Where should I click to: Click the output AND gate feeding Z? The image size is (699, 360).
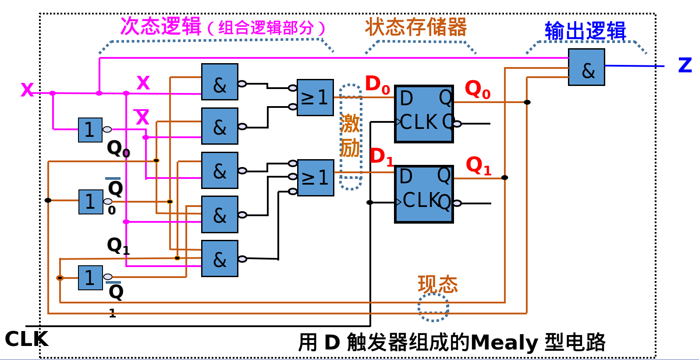(586, 67)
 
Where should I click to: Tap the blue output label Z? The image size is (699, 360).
(685, 65)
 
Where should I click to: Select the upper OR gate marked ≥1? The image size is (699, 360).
(315, 97)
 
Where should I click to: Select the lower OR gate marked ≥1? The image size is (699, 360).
(316, 178)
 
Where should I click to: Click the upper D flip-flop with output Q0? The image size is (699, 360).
(424, 114)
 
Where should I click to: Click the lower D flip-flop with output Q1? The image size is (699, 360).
(424, 194)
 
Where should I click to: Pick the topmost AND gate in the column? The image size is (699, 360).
(220, 82)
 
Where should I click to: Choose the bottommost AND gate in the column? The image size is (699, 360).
(220, 258)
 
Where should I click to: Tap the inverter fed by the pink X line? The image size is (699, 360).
(90, 130)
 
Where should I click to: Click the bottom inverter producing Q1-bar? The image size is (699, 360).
(90, 278)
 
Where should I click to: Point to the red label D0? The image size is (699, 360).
(377, 84)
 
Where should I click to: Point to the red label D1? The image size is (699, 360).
(381, 157)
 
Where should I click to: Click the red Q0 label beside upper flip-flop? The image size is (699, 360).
(477, 90)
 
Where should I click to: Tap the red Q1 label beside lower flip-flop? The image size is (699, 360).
(478, 166)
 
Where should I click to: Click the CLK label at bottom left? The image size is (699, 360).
(26, 339)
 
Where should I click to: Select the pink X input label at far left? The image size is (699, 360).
(27, 89)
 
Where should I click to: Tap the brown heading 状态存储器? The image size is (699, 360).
(416, 27)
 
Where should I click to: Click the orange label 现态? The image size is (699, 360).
(437, 285)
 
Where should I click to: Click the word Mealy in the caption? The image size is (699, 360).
(504, 342)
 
